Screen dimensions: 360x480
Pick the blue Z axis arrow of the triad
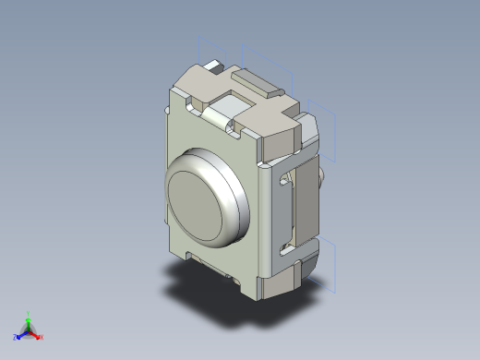(x=20, y=334)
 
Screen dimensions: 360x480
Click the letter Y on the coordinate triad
(x=29, y=312)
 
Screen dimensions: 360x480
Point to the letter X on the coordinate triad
(x=42, y=337)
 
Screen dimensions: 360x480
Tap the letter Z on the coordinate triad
(x=15, y=337)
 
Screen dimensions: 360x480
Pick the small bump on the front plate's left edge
(x=167, y=111)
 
